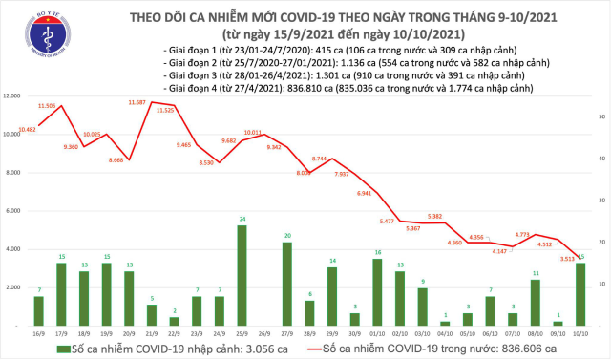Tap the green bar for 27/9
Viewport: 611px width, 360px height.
(287, 284)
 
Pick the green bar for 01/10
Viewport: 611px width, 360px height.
(378, 291)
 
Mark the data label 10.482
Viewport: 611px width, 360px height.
(26, 128)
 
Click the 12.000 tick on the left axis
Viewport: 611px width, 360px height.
(12, 96)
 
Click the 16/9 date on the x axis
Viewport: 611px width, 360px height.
(38, 332)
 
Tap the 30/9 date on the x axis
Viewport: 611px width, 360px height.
(355, 332)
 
